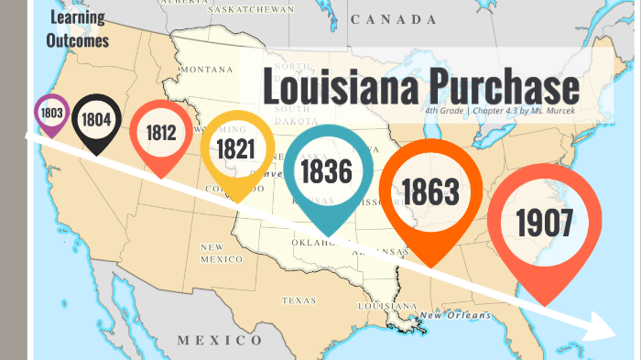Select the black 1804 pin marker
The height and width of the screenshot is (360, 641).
tap(95, 119)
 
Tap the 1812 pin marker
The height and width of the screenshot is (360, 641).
tap(160, 133)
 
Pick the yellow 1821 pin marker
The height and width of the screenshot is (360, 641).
tap(236, 148)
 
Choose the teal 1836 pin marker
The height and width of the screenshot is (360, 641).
tap(331, 171)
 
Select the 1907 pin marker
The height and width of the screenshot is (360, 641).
tap(544, 222)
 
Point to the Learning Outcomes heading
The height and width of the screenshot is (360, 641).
tap(78, 29)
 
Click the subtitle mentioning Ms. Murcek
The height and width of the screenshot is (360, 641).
tap(501, 111)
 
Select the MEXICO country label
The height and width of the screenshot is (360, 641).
tap(219, 341)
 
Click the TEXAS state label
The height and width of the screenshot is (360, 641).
tap(299, 300)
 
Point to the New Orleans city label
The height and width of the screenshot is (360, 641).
tap(455, 316)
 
